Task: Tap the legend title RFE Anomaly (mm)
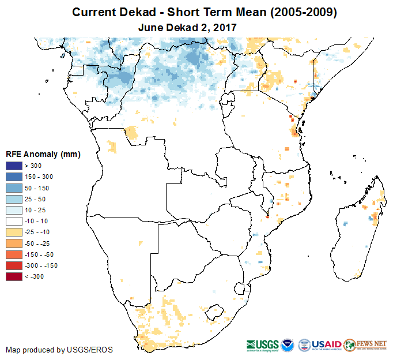pyautogui.click(x=43, y=154)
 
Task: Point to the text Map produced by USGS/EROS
pyautogui.click(x=59, y=350)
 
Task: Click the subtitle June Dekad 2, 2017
pyautogui.click(x=188, y=27)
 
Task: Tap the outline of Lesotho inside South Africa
pyautogui.click(x=215, y=311)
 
